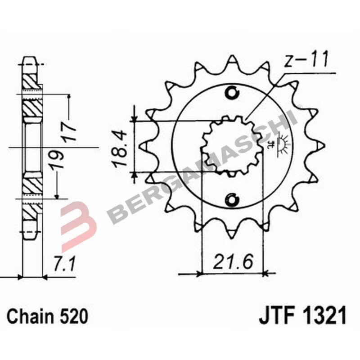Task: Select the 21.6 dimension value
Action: [x=233, y=261]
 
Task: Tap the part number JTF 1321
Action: [x=302, y=316]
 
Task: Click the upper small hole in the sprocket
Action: [x=232, y=93]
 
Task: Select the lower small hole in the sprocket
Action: [x=232, y=198]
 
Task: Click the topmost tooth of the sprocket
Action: [x=232, y=61]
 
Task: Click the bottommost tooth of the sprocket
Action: [x=232, y=232]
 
